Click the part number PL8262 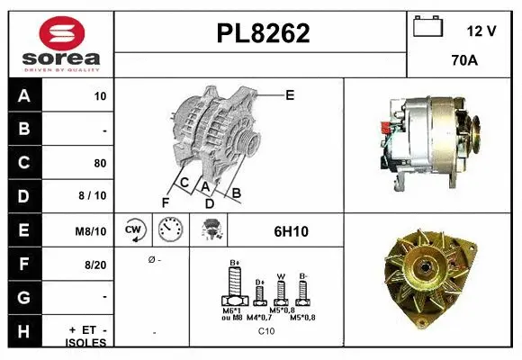(x=263, y=33)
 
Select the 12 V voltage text (x=481, y=31)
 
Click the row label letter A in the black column (x=23, y=96)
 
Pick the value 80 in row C (x=99, y=164)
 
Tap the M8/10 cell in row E (x=92, y=231)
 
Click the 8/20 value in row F (x=95, y=265)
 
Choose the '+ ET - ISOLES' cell (x=87, y=335)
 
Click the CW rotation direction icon (x=134, y=230)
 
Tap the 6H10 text (x=291, y=231)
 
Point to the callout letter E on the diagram (x=289, y=94)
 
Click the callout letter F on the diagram (x=165, y=201)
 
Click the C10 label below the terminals (x=266, y=331)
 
